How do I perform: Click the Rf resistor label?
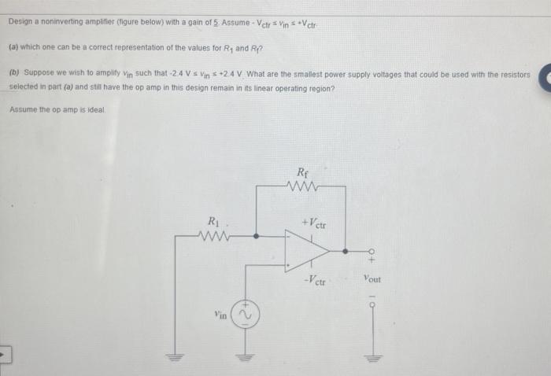click(304, 172)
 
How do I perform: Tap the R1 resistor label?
click(213, 220)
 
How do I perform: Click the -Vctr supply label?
click(318, 279)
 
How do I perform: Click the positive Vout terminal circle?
click(368, 251)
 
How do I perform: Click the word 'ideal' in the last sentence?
click(105, 109)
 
